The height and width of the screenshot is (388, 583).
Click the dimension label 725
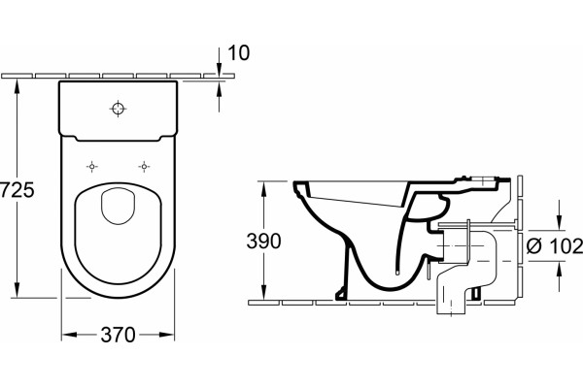pos(17,190)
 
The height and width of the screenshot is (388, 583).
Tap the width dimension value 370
pos(118,335)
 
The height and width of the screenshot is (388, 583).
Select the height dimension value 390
pos(263,242)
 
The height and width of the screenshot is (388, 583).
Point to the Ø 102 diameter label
pos(555,245)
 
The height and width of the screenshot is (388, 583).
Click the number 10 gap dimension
pos(238,52)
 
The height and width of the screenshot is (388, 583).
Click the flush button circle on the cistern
pos(119,109)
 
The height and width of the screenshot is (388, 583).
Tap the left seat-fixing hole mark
pos(92,167)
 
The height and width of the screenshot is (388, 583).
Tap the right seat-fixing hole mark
pos(144,167)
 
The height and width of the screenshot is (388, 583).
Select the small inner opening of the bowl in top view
pos(118,206)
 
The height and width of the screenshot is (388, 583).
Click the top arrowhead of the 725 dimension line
pos(17,87)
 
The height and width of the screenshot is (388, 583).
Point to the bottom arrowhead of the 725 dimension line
pos(17,290)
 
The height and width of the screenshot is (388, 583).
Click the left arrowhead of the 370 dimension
pos(69,335)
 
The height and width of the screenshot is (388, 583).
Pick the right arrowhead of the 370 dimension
pos(166,335)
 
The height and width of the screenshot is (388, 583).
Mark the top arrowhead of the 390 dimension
pos(263,189)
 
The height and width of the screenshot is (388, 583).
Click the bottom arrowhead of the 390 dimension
pos(263,292)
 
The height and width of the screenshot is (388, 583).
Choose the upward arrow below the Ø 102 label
pos(560,275)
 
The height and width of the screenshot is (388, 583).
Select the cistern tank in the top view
pos(119,111)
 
